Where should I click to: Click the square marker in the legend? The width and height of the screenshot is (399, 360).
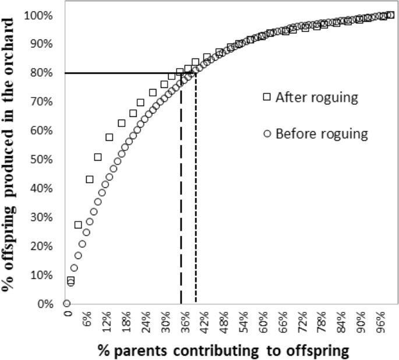(267, 97)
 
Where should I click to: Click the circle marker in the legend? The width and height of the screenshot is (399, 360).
(267, 133)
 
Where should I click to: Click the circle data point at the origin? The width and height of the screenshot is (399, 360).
(66, 303)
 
